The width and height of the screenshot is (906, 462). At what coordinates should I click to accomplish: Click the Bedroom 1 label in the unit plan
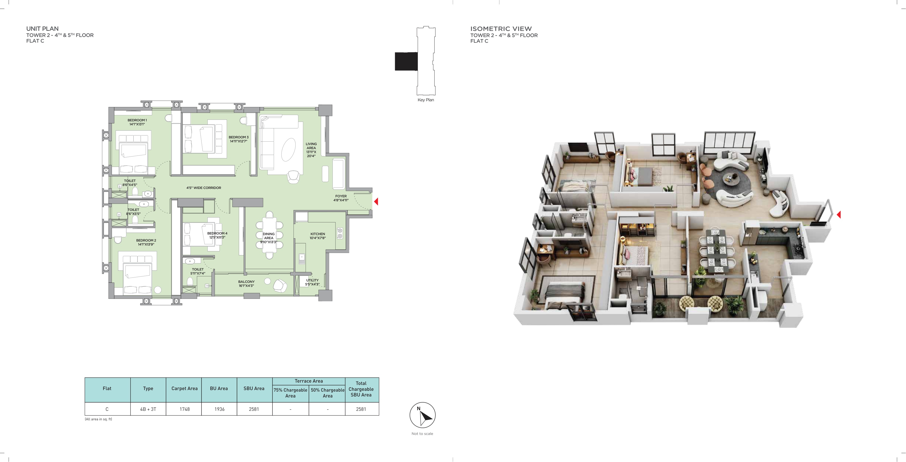[x=137, y=122]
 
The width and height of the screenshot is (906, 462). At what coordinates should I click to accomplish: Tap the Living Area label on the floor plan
[x=311, y=150]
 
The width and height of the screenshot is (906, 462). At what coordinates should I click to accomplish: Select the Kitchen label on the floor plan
[x=318, y=236]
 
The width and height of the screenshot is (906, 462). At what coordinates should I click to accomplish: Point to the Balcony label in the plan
[x=246, y=284]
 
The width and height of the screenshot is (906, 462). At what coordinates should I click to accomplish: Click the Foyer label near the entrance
[x=341, y=198]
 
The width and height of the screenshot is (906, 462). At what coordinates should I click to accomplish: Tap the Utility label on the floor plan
[x=312, y=282]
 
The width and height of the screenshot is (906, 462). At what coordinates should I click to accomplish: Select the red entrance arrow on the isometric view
[x=838, y=214]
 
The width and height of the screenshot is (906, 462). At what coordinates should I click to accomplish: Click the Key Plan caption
[x=426, y=100]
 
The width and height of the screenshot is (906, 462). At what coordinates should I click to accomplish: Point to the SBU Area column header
[x=254, y=388]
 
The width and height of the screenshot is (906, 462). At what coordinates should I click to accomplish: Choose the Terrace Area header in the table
[x=309, y=381]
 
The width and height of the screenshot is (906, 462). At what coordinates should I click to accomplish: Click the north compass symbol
[x=422, y=415]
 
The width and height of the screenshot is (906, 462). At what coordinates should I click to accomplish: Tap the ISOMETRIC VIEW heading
[x=501, y=29]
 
